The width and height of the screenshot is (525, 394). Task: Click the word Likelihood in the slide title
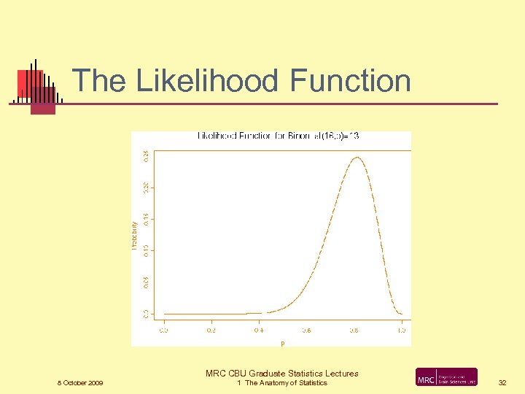[x=206, y=80]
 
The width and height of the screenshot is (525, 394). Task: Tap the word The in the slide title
[x=99, y=80]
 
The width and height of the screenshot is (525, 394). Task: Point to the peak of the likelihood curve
[x=357, y=157]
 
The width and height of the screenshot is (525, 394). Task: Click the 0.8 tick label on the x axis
[x=354, y=330]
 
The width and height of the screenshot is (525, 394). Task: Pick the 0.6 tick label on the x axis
[x=306, y=330]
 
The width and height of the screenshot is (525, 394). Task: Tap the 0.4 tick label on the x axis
[x=259, y=330]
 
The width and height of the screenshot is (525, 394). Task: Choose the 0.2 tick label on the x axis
[x=211, y=330]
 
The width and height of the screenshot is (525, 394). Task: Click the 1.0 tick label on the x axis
[x=401, y=330]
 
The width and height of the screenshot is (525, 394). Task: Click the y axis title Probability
[x=135, y=236]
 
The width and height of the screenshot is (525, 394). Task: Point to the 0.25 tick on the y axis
[x=146, y=155]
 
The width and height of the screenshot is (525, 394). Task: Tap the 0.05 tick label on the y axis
[x=146, y=282]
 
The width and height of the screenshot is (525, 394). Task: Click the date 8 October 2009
[x=80, y=383]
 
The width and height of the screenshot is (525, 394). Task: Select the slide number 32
[x=502, y=383]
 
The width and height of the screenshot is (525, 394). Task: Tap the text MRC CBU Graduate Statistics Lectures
[x=282, y=374]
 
